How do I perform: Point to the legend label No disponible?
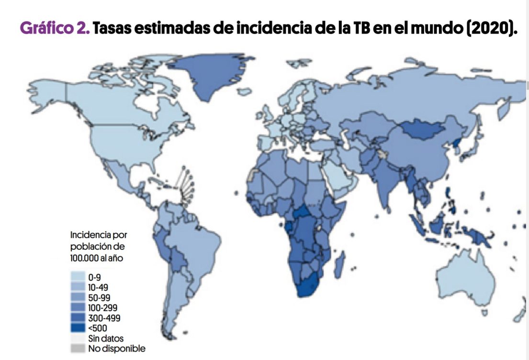[116, 349]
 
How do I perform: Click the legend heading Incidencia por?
[99, 235]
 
